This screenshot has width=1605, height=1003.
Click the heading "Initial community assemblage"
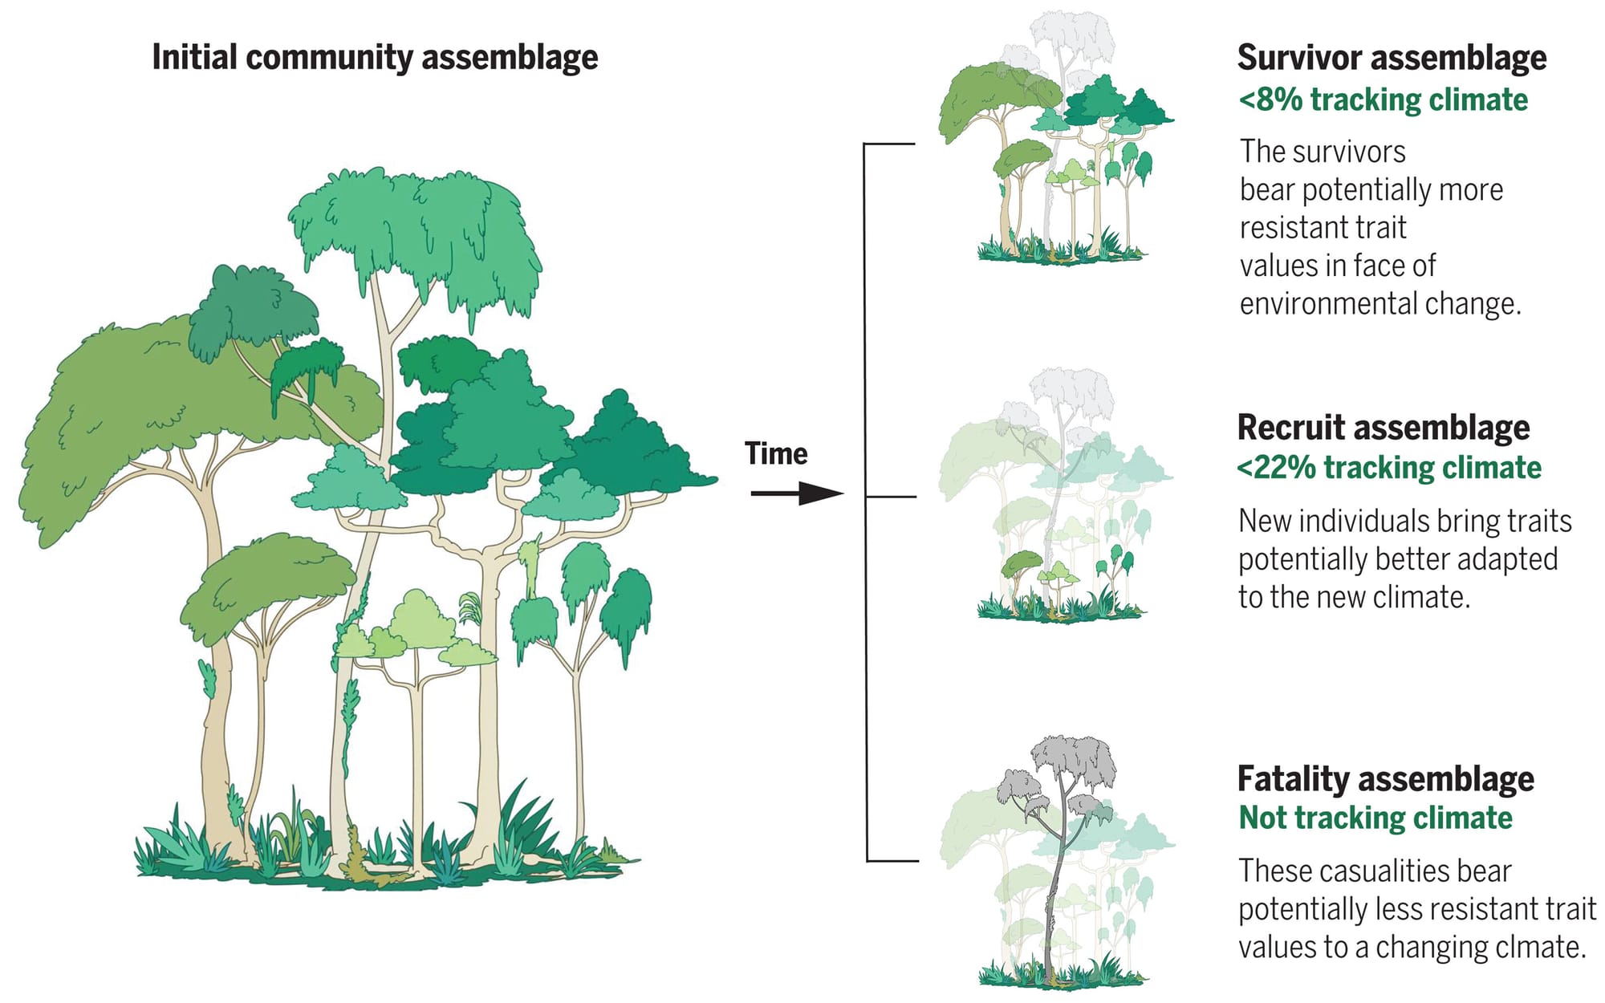[x=375, y=58]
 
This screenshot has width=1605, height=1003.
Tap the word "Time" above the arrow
[x=775, y=454]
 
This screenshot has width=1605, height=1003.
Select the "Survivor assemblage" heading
[x=1392, y=58]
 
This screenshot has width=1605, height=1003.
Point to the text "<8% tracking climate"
[x=1383, y=100]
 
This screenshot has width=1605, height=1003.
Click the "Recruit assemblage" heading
[x=1384, y=428]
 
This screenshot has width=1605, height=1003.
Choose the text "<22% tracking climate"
[x=1389, y=468]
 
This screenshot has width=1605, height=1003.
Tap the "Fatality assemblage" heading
[x=1385, y=779]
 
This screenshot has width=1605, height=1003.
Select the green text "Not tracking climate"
[x=1375, y=818]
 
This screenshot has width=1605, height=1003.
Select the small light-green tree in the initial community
[x=416, y=634]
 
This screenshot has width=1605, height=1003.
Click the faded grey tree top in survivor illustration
[x=1071, y=36]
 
